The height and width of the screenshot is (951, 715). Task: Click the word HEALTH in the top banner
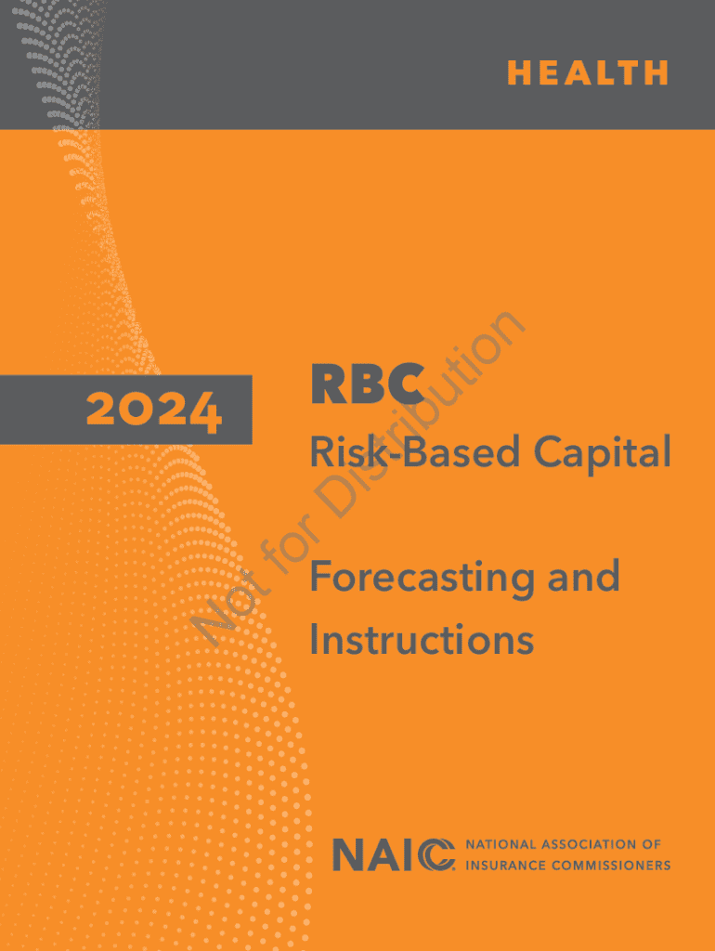(588, 72)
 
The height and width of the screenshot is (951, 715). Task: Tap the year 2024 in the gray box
(154, 410)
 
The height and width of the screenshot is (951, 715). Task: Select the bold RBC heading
(367, 384)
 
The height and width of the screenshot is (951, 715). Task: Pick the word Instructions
(422, 639)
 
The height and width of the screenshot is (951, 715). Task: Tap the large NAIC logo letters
(394, 854)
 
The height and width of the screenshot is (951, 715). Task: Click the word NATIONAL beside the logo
(500, 844)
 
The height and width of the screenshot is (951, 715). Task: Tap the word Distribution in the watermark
(422, 413)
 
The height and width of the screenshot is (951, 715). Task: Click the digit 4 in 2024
(203, 412)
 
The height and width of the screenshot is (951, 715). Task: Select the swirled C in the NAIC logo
(437, 854)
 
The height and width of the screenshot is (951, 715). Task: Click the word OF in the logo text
(650, 844)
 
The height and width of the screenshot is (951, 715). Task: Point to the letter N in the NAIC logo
(347, 854)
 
